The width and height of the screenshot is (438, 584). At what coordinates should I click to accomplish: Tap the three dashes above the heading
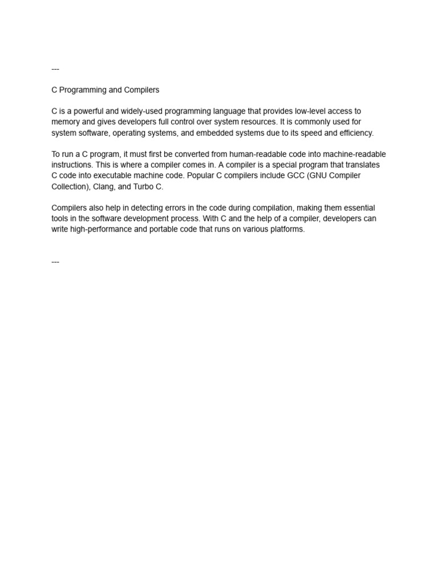click(55, 69)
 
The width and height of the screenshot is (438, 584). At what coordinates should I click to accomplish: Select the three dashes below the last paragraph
click(55, 262)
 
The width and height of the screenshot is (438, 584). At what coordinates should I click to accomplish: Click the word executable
click(116, 176)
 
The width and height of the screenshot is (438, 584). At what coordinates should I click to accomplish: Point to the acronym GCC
click(292, 176)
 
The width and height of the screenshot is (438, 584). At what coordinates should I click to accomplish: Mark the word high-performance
click(102, 229)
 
